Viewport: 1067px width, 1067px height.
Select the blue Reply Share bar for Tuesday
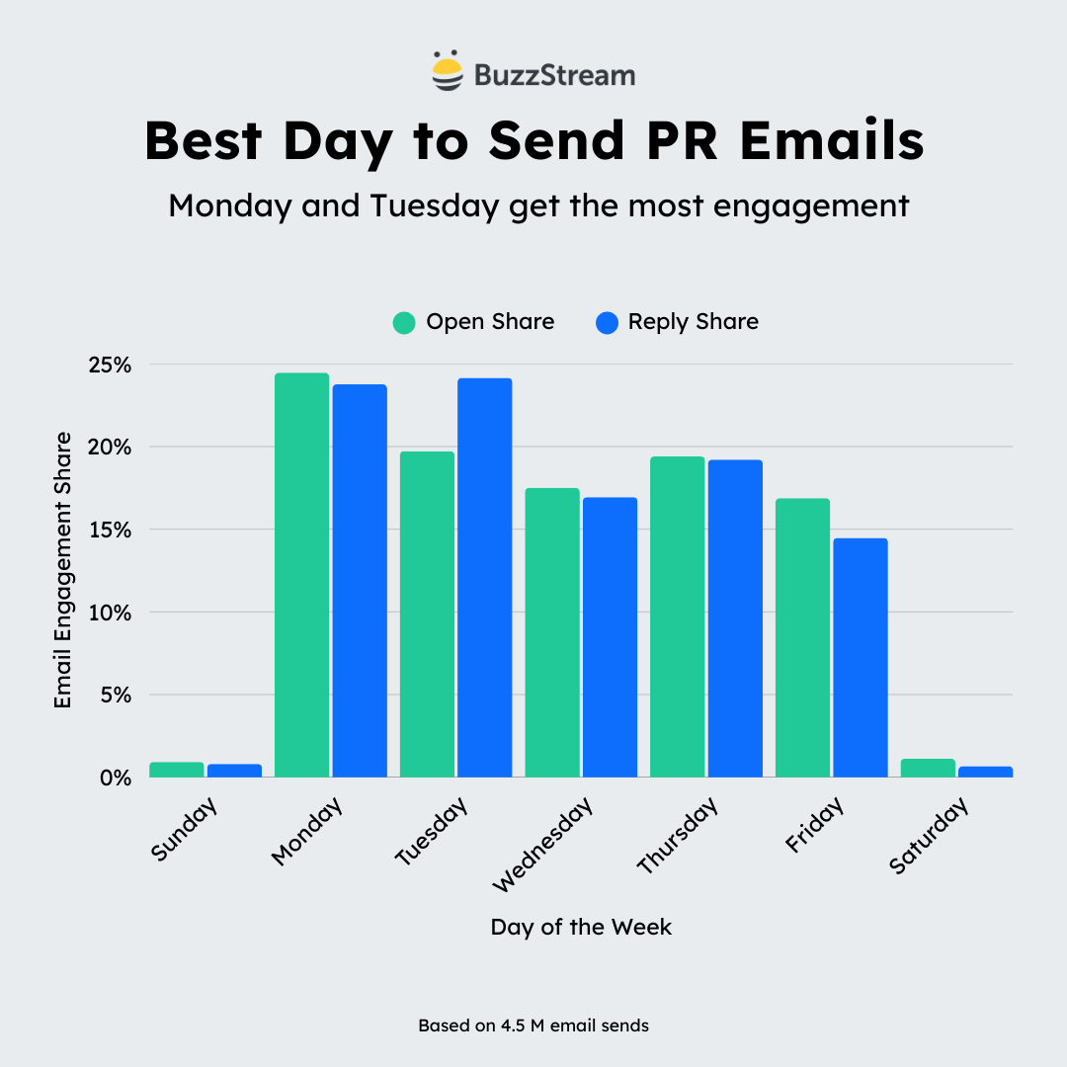pos(484,578)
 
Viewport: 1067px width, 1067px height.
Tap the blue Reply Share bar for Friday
pos(861,657)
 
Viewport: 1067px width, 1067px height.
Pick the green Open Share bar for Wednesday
pos(552,632)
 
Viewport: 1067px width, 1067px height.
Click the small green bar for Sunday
pos(177,770)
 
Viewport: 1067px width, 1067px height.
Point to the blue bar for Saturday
pos(985,772)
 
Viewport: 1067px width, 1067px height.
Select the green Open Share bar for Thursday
pos(677,616)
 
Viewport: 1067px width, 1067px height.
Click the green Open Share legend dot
pos(404,322)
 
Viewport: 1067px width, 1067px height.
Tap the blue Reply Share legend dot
pos(607,322)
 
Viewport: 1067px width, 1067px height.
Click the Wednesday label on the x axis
pos(543,845)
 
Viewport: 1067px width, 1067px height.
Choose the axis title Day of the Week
pos(581,928)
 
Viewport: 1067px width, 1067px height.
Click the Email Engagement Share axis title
pos(63,569)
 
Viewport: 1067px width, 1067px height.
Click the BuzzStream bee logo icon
pos(447,71)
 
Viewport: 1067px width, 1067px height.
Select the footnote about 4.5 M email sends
pos(533,1026)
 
